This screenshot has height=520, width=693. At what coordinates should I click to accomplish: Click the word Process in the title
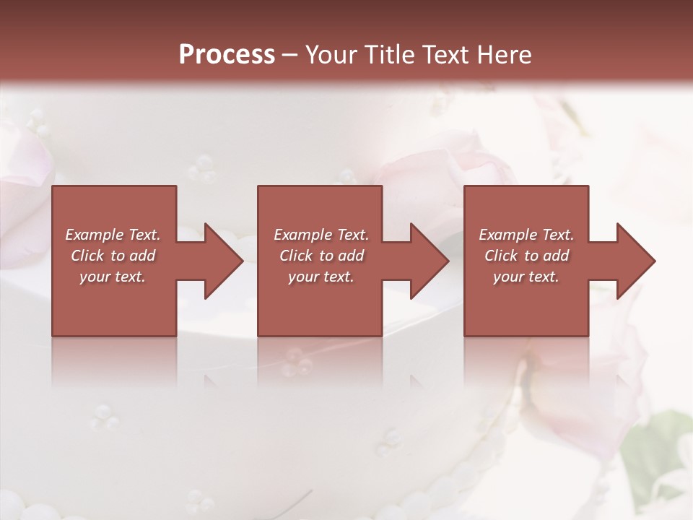[227, 55]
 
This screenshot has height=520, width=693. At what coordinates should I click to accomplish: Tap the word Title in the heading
[390, 55]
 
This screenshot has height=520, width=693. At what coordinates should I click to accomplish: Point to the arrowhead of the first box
[221, 261]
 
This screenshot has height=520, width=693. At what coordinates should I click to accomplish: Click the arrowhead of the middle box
[427, 261]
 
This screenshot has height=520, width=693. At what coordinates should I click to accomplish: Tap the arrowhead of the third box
[634, 261]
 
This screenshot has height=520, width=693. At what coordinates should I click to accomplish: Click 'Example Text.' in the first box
[113, 235]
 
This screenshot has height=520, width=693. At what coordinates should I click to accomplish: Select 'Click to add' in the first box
[113, 256]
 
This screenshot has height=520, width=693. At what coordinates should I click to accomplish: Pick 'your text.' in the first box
[113, 277]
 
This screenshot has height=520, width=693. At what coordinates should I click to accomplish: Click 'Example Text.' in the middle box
[321, 235]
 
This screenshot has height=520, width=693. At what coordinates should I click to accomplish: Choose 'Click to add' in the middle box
[321, 256]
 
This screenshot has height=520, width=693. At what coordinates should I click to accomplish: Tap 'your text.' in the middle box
[321, 277]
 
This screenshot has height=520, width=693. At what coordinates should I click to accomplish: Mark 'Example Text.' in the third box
[526, 235]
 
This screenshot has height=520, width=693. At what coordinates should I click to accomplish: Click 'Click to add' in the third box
[526, 256]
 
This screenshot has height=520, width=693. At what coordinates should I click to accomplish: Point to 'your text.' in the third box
[526, 277]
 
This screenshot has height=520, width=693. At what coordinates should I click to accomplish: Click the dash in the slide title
[289, 56]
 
